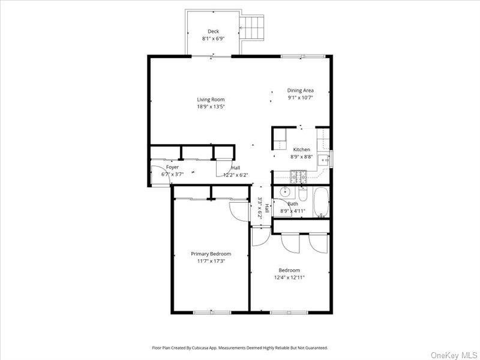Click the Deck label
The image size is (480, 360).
pyautogui.click(x=213, y=31)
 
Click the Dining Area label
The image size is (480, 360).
pyautogui.click(x=300, y=91)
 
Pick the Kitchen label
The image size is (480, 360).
pyautogui.click(x=301, y=149)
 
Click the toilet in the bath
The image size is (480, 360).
pyautogui.click(x=302, y=196)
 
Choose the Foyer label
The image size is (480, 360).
pyautogui.click(x=172, y=167)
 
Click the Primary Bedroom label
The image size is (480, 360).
pyautogui.click(x=211, y=254)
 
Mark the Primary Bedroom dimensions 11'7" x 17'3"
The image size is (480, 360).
pyautogui.click(x=211, y=261)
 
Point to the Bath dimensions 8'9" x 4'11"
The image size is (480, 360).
pyautogui.click(x=293, y=211)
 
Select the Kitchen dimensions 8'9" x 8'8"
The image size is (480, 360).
pyautogui.click(x=301, y=157)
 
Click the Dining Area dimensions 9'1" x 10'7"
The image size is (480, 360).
pyautogui.click(x=300, y=97)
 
